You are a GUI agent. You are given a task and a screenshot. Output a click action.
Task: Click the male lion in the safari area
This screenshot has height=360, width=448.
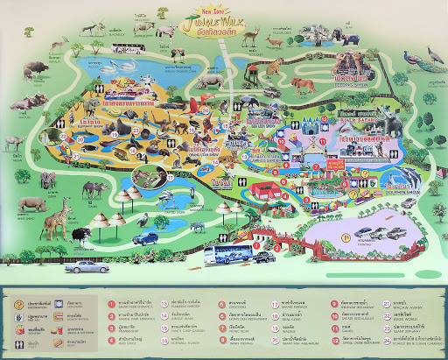303,85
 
